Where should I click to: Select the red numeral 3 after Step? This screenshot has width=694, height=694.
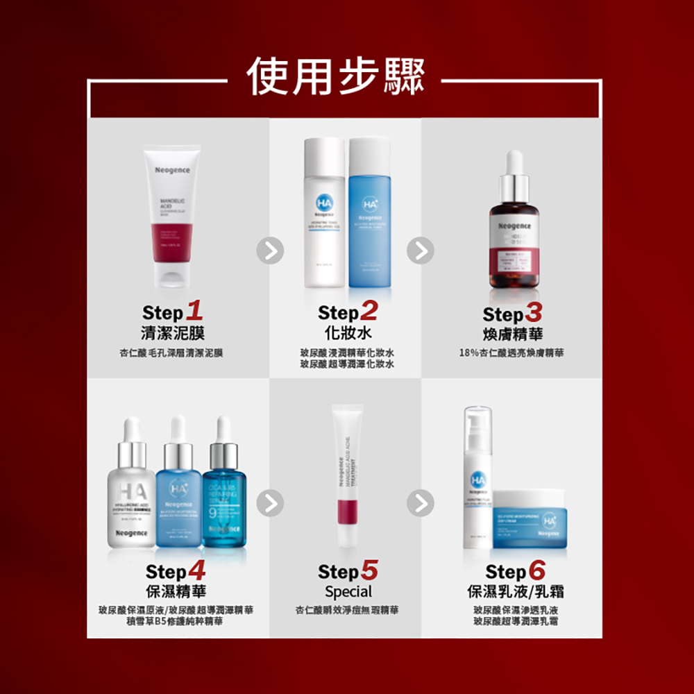(x=534, y=311)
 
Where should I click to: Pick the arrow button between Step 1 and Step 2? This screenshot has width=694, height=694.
(x=270, y=251)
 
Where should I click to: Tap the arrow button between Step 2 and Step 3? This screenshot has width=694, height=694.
(x=421, y=251)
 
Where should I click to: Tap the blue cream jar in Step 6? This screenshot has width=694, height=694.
(x=532, y=514)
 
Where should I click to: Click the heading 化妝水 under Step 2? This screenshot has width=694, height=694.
(x=347, y=332)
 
